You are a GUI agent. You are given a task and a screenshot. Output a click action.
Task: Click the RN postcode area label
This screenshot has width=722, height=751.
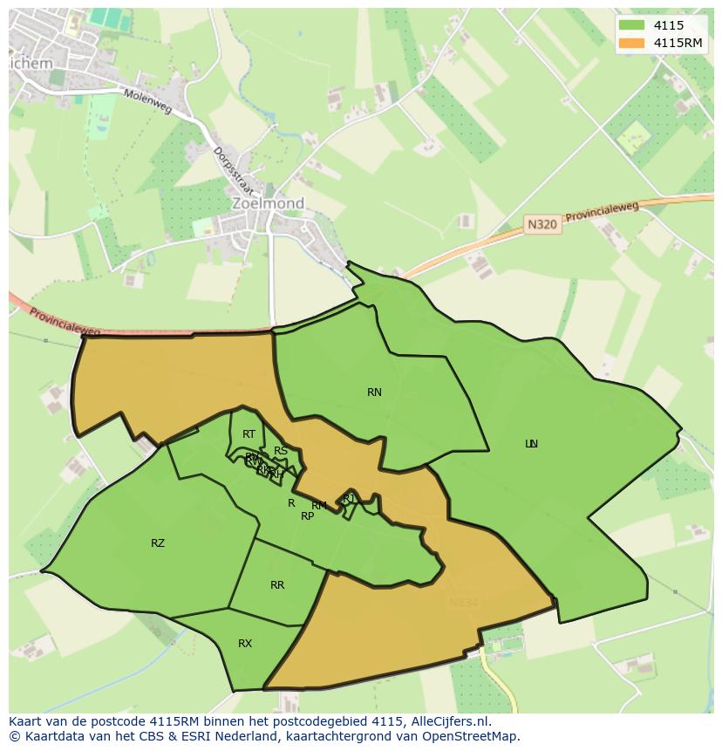tap(374, 393)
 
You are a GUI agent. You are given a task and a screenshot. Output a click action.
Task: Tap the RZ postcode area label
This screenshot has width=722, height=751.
tap(158, 543)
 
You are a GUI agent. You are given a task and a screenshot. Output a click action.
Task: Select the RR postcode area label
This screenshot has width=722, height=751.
tap(277, 585)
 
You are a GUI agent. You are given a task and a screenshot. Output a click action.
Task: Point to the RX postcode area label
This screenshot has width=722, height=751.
tap(245, 644)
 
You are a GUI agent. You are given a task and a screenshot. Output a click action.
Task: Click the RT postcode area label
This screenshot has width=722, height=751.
tap(249, 434)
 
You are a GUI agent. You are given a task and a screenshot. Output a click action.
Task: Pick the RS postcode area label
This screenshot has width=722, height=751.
tap(281, 451)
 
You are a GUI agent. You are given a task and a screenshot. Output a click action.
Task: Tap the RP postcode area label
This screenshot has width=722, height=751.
tap(307, 516)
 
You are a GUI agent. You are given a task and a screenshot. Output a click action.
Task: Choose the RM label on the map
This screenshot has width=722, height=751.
tap(319, 506)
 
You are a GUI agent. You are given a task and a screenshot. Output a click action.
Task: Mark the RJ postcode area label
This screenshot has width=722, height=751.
tap(349, 498)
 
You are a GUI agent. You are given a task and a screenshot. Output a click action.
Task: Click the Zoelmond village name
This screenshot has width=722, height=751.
tap(268, 203)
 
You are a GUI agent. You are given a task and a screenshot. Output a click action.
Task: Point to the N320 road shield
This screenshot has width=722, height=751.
tap(542, 224)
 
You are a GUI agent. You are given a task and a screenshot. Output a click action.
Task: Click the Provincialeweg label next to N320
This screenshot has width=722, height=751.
tap(602, 210)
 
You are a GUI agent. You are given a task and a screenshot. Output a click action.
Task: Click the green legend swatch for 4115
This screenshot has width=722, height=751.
tap(631, 25)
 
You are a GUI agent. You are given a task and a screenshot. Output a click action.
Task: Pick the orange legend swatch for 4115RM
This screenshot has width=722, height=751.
tap(631, 43)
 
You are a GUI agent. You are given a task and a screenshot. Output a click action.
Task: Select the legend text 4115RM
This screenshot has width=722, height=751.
tap(679, 43)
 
